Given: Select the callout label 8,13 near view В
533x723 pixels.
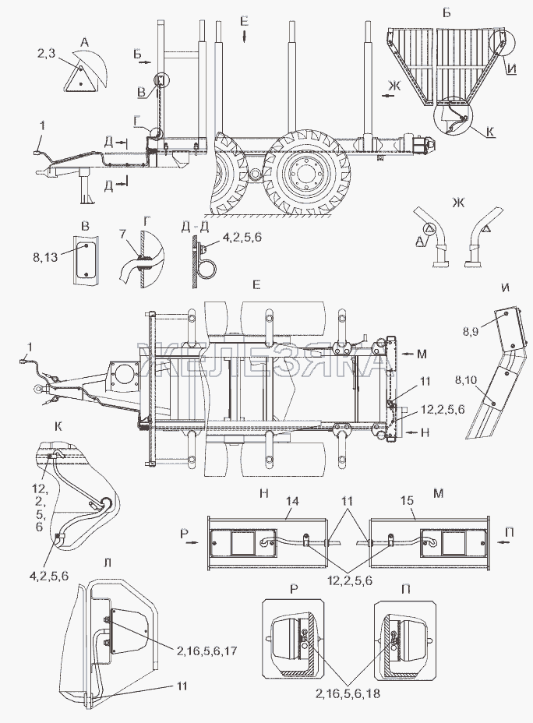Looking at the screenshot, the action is [45, 256].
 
